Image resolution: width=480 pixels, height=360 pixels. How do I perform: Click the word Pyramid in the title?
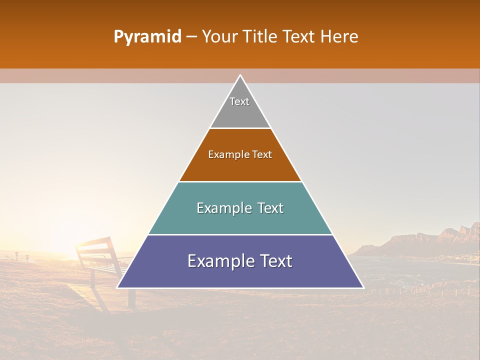147,37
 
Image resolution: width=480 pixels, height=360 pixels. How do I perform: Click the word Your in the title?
220,37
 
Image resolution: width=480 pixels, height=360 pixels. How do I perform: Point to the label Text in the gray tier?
239,101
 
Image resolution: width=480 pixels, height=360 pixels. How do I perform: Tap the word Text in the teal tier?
267,208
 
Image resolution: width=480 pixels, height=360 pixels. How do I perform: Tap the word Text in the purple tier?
274,261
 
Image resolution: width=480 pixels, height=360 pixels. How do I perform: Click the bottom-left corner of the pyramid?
117,287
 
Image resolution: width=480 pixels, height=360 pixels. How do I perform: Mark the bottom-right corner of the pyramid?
363,287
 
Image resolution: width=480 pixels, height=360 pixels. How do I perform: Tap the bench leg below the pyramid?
131,298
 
